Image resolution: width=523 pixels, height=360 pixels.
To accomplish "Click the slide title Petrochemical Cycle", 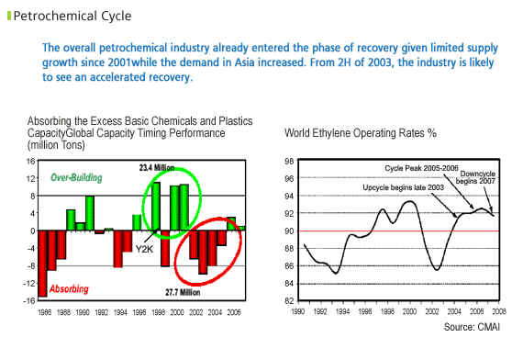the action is [72, 16].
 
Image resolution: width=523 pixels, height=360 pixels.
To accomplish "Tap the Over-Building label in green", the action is [76, 177].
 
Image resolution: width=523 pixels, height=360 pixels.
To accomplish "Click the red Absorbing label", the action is [69, 289].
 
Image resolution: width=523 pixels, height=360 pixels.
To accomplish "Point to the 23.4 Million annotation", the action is [157, 167].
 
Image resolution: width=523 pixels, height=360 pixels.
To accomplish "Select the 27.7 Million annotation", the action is [183, 293].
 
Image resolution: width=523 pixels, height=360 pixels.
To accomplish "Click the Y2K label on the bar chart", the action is [144, 249].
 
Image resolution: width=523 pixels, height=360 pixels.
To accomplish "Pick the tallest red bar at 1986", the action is [43, 264].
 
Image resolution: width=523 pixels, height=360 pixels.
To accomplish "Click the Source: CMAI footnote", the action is [472, 327].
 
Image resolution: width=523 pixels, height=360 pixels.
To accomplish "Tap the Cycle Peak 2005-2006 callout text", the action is [421, 168].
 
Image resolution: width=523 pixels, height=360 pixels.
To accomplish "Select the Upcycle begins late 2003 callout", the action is [403, 187].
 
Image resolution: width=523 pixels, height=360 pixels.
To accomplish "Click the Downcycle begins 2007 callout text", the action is [476, 177].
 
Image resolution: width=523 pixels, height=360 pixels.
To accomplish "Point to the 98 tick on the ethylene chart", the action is [289, 162].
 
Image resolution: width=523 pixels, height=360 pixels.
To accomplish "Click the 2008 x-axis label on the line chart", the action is [499, 311].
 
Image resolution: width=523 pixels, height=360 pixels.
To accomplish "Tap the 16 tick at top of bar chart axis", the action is [30, 162].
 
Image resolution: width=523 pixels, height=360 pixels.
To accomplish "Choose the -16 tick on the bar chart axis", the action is [29, 300].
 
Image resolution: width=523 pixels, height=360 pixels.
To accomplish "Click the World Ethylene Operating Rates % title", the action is [361, 133].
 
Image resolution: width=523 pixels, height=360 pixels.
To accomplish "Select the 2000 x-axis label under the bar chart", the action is [177, 312].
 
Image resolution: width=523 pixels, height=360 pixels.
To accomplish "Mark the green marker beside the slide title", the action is [9, 16].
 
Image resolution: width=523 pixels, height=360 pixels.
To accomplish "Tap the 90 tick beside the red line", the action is [289, 231].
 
